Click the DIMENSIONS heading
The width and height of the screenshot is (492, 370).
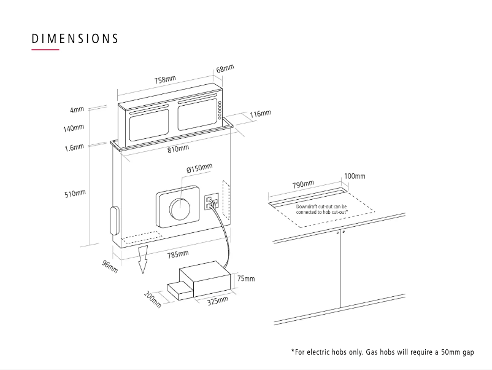75,38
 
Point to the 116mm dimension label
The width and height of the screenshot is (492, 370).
260,114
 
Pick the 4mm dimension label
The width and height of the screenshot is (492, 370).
77,110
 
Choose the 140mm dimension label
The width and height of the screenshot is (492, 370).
74,128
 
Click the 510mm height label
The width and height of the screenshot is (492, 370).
75,194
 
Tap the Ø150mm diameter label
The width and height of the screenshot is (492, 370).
199,168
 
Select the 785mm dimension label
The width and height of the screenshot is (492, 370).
178,254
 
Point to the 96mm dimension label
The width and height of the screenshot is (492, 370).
110,267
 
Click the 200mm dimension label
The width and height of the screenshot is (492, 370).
153,299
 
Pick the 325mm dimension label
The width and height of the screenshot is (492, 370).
217,301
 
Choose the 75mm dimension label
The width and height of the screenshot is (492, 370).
245,278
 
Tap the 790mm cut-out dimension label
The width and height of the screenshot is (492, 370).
303,184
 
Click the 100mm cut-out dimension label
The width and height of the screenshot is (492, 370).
355,176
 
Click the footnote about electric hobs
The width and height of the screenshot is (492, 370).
382,352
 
